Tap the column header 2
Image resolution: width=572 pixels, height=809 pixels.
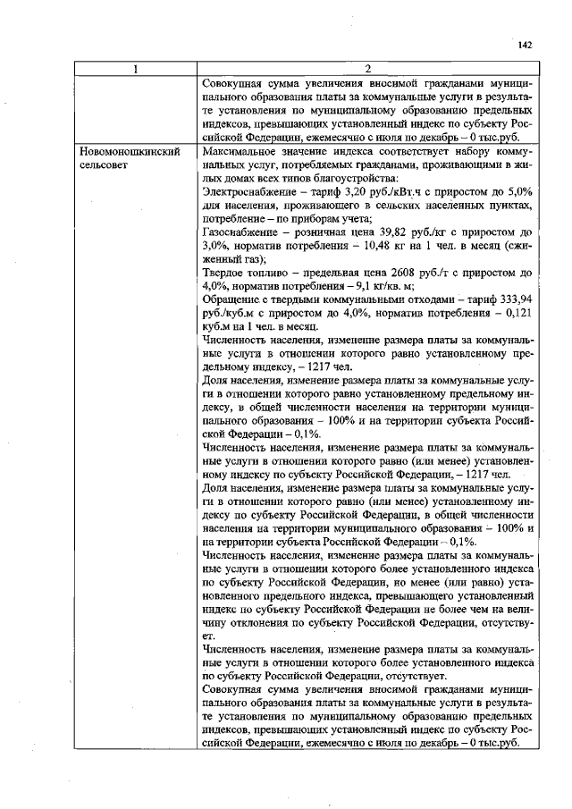pos(367,69)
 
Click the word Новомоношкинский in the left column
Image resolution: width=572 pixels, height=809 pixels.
pos(124,152)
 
